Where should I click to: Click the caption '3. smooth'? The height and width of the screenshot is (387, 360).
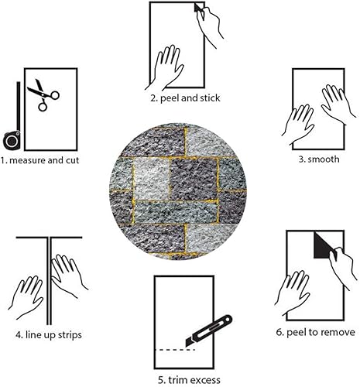[x=317, y=159]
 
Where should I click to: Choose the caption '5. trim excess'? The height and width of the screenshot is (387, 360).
[x=188, y=379]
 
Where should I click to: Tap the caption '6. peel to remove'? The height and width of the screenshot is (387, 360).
[x=316, y=332]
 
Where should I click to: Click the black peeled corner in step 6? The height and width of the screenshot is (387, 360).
[x=320, y=248]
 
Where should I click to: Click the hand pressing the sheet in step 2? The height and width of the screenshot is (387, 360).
[x=166, y=68]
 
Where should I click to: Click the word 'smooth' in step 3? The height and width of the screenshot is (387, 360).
[x=322, y=159]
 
